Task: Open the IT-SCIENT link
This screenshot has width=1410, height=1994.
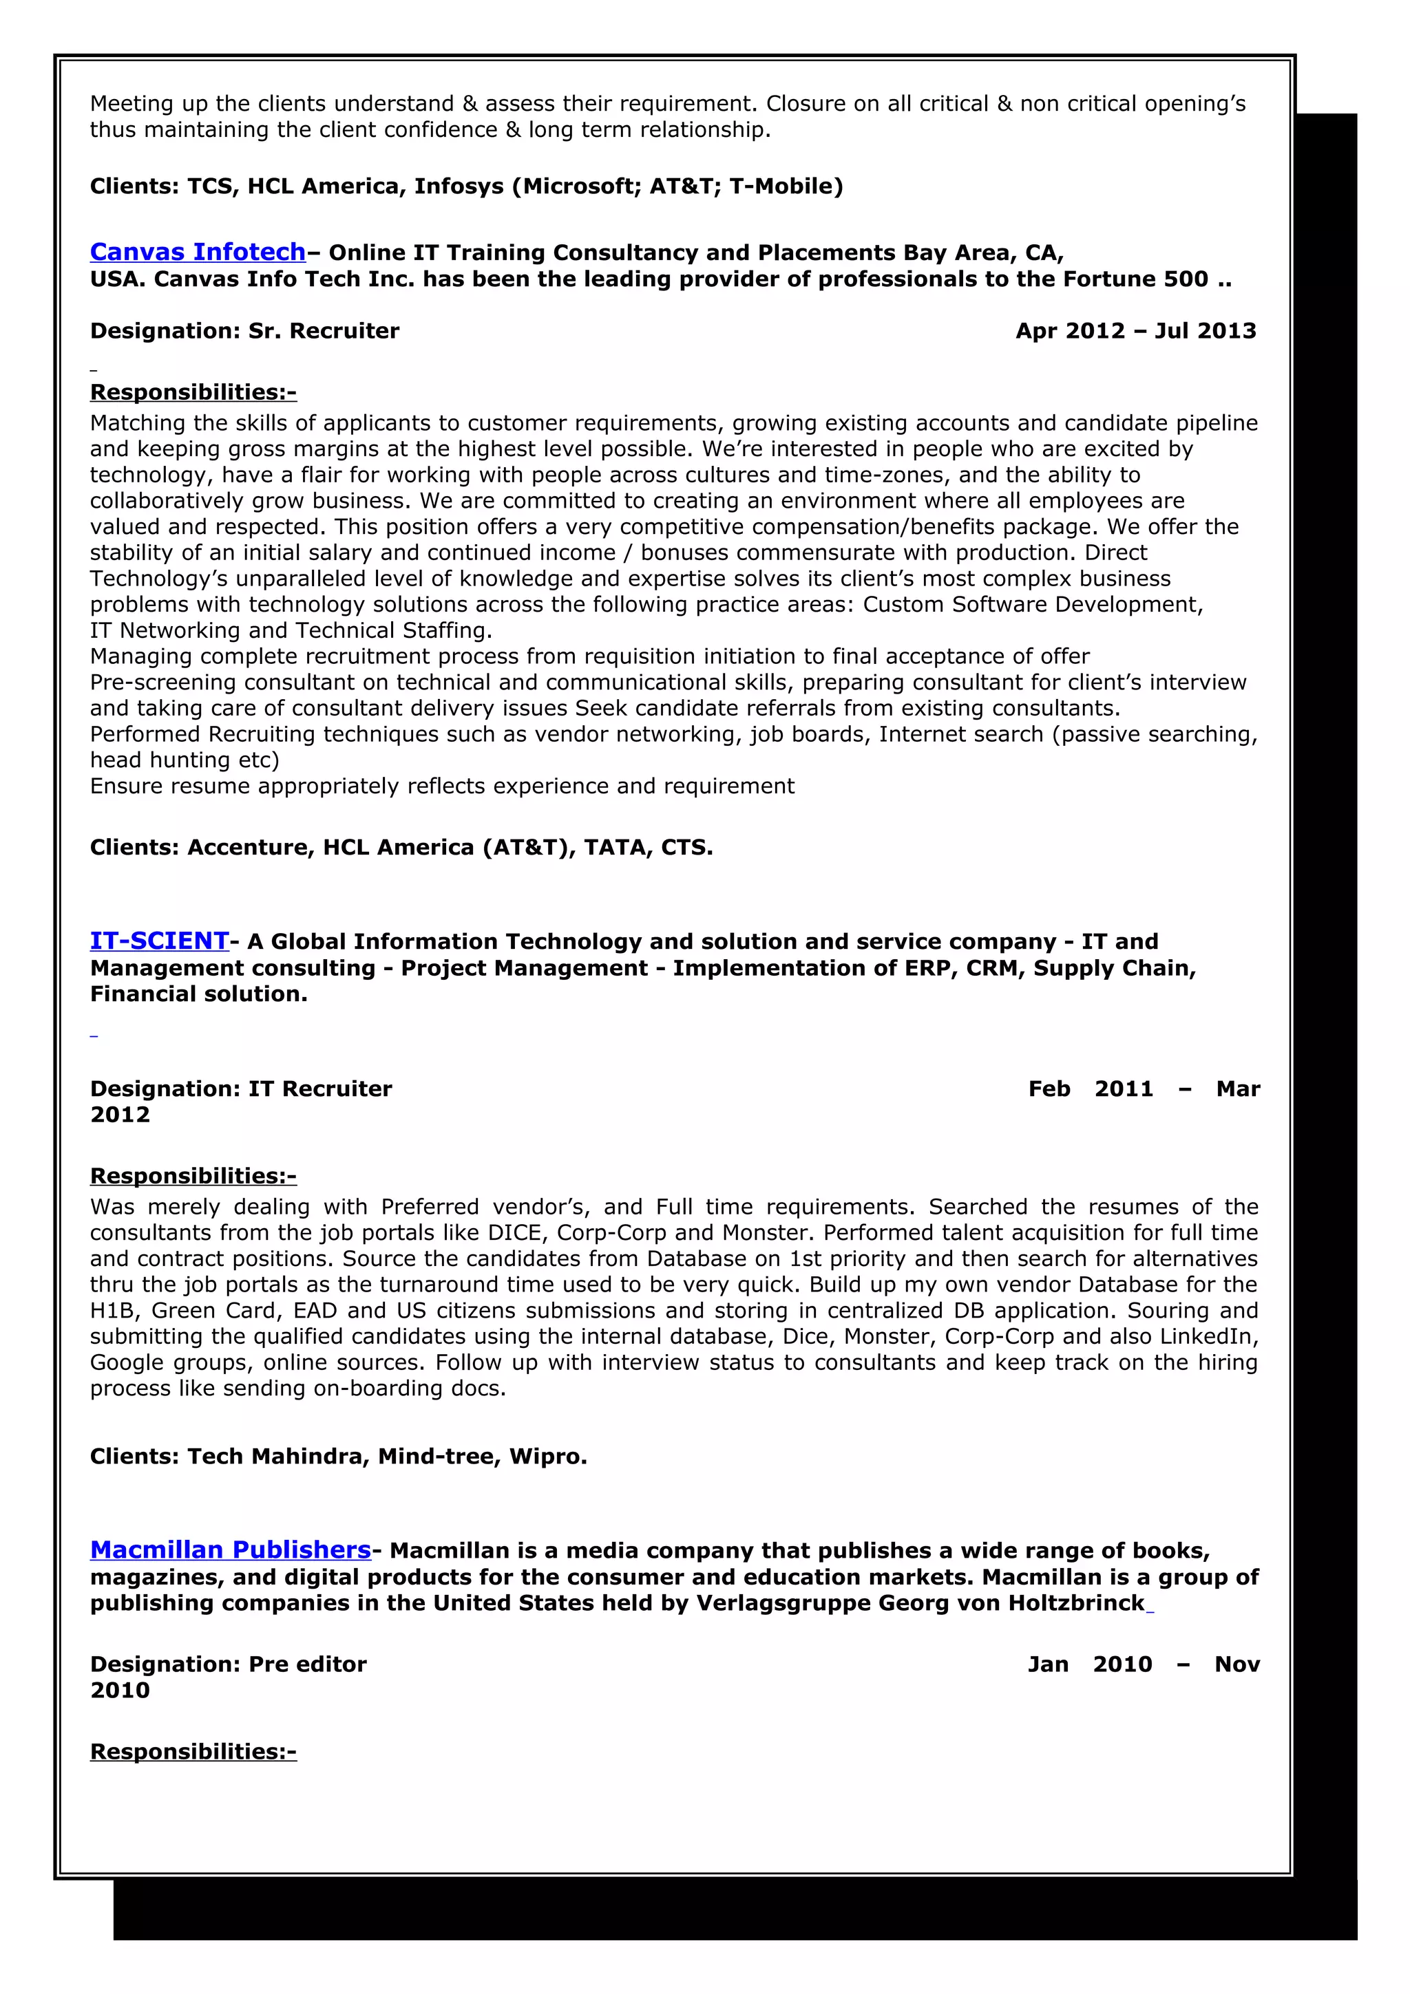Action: pyautogui.click(x=159, y=941)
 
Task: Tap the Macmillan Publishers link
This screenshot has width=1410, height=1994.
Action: pyautogui.click(x=230, y=1550)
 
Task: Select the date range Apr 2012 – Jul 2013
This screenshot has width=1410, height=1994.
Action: pyautogui.click(x=1135, y=331)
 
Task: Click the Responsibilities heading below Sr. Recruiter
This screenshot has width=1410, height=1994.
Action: pyautogui.click(x=193, y=393)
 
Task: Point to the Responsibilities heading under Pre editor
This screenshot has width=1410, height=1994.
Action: pyautogui.click(x=193, y=1751)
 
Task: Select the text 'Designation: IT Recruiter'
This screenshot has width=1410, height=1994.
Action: pyautogui.click(x=241, y=1089)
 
